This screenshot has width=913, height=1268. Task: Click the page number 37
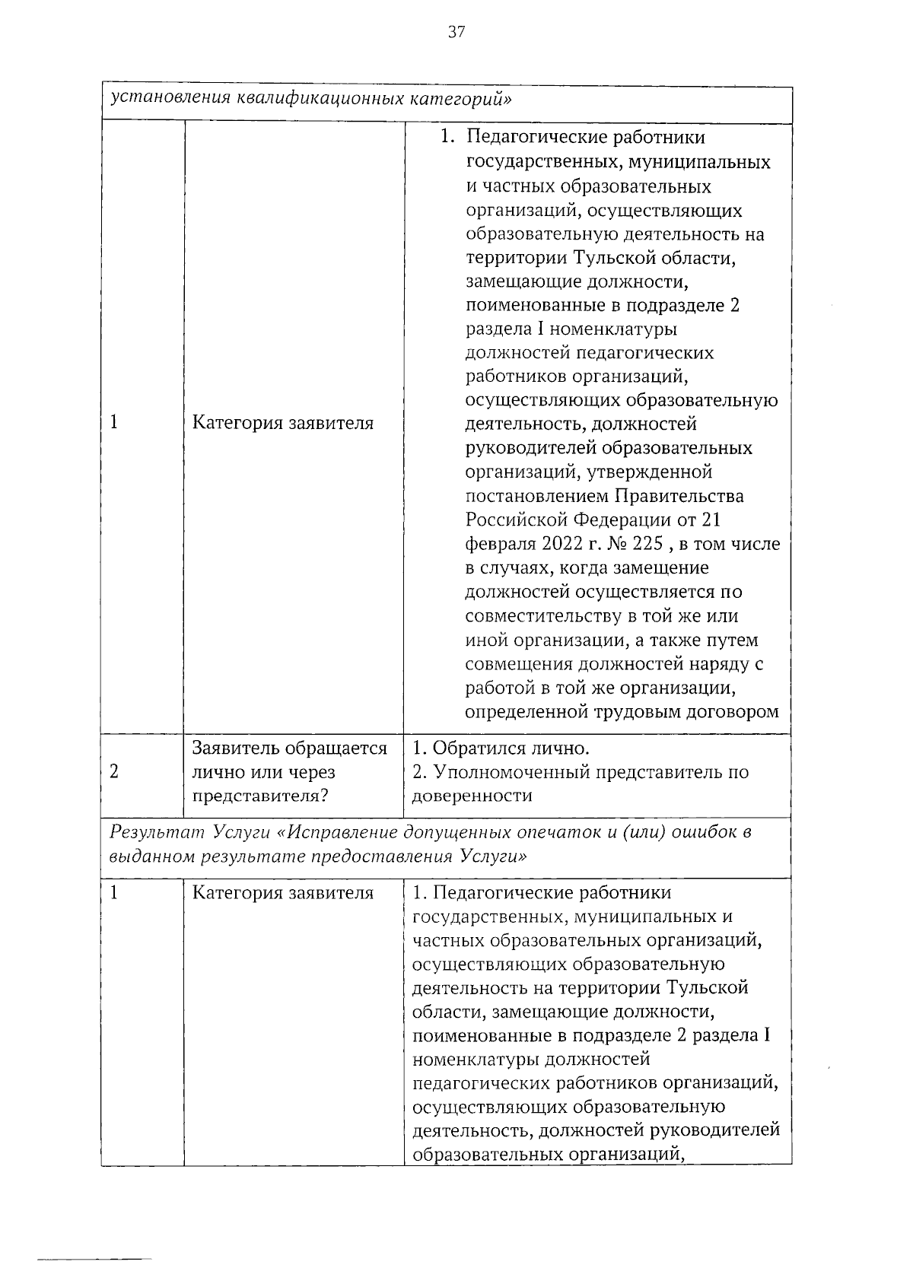[456, 31]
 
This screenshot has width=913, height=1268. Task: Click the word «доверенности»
[472, 796]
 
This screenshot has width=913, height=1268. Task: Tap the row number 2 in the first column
[114, 772]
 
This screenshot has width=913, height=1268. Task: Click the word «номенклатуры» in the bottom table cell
[470, 1059]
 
